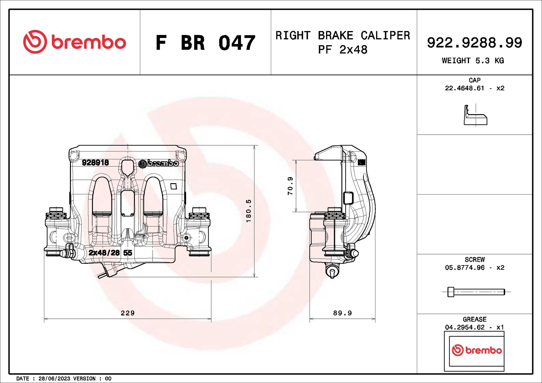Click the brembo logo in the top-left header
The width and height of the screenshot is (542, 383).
pyautogui.click(x=74, y=42)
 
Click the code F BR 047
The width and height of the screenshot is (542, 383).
pyautogui.click(x=205, y=43)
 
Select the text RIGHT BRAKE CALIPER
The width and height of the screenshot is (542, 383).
pyautogui.click(x=343, y=36)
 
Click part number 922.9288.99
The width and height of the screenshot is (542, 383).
pyautogui.click(x=474, y=43)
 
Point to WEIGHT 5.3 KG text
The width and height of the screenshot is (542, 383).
pyautogui.click(x=473, y=61)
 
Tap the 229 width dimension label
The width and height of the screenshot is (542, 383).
pyautogui.click(x=127, y=313)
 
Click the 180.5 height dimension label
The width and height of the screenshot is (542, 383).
pyautogui.click(x=249, y=211)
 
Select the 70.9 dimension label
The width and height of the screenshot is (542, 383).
pyautogui.click(x=290, y=186)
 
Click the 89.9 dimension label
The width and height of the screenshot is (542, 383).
pyautogui.click(x=342, y=313)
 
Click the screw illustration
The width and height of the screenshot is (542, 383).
pyautogui.click(x=476, y=292)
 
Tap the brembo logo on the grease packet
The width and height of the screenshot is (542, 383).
pyautogui.click(x=477, y=350)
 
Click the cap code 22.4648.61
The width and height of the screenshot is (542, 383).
pyautogui.click(x=464, y=88)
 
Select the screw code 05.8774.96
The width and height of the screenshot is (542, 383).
pyautogui.click(x=464, y=268)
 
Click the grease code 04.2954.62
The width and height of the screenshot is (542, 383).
pyautogui.click(x=464, y=327)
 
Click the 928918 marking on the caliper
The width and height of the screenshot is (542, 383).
pyautogui.click(x=95, y=163)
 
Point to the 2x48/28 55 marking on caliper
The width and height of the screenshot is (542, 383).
pyautogui.click(x=110, y=253)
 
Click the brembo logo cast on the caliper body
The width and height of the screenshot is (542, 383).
pyautogui.click(x=158, y=164)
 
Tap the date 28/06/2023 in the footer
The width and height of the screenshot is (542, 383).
pyautogui.click(x=54, y=379)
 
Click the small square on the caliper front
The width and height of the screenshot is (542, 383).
pyautogui.click(x=174, y=186)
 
